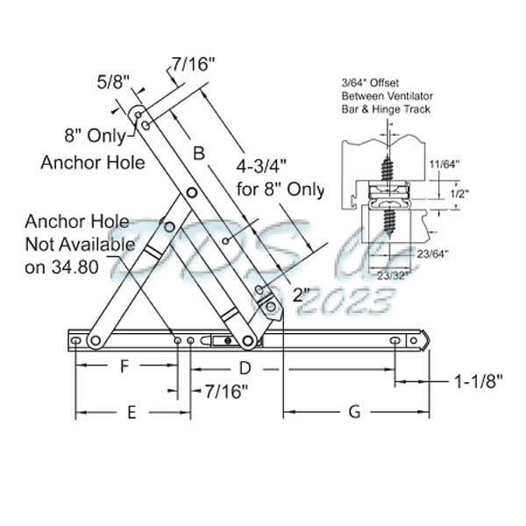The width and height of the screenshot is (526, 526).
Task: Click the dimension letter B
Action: coord(199,153)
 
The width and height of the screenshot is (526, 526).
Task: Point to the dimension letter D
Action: coord(245,366)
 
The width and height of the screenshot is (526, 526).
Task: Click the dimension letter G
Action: coord(355,413)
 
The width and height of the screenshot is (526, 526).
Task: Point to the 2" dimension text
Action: coord(302,295)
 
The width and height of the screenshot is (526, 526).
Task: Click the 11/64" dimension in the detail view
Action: coord(467,163)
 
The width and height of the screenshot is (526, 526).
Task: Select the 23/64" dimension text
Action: coord(436,254)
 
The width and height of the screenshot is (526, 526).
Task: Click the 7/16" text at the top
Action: coord(195,62)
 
